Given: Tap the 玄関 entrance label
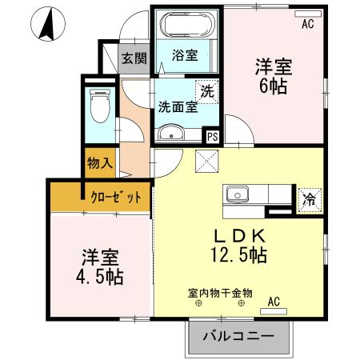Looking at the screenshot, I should coord(134,58).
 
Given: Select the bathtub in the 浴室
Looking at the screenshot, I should coord(186,25).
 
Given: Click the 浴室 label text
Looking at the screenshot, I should coord(185,56).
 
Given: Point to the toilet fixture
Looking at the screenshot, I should coord(100,105).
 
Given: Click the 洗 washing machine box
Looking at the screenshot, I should coord(206,91).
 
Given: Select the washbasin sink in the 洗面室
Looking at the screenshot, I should coord(170,133).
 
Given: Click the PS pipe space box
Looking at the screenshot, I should coord(212,136).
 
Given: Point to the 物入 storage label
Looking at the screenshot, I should coord(99,163).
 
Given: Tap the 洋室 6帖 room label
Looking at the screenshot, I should coord(274,77).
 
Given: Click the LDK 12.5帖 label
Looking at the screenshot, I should coord(238,246).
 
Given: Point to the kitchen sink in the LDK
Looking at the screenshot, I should coord(238,195).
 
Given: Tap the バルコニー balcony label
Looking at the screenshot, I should coord(238,336).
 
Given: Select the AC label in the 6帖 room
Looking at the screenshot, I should coord(307,25).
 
